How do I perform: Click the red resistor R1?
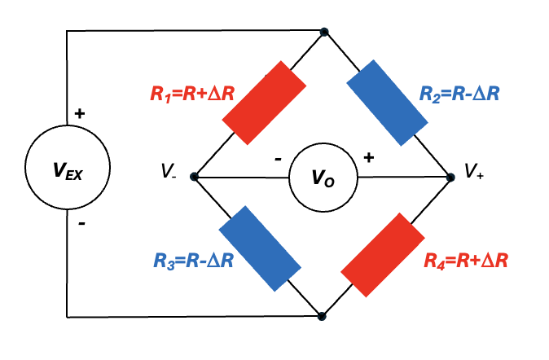[x=265, y=103]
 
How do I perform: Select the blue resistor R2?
[x=387, y=103]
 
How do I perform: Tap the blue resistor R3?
[x=260, y=248]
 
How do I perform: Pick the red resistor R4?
[x=383, y=255]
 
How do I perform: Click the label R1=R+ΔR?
[x=192, y=94]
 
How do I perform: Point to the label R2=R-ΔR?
[x=459, y=94]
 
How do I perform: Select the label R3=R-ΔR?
[x=194, y=261]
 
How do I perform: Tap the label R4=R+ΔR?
[x=466, y=261]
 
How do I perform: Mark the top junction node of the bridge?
[x=324, y=33]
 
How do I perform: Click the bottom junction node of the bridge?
[x=322, y=316]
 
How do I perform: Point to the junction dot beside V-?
[x=194, y=177]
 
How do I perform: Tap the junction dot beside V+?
[x=450, y=178]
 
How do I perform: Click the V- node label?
[x=169, y=171]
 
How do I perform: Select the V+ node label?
[x=474, y=171]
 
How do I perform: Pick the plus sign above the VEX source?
[x=80, y=113]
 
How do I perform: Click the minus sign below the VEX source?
[x=81, y=223]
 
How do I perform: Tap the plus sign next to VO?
[x=369, y=157]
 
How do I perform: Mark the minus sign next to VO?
[x=278, y=160]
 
